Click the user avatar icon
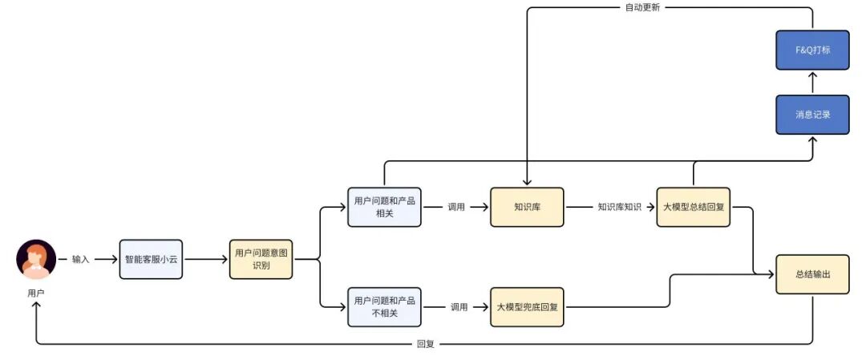click(x=36, y=259)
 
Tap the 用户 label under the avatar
click(x=36, y=293)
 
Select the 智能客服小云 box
click(x=152, y=259)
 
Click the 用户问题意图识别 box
click(x=261, y=259)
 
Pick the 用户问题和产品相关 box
click(x=385, y=207)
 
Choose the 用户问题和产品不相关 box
click(x=385, y=306)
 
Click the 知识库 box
click(x=528, y=207)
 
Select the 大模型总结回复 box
click(x=694, y=207)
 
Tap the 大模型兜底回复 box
click(x=528, y=306)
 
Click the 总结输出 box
click(x=812, y=274)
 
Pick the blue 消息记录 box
click(x=812, y=115)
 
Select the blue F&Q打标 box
click(x=812, y=50)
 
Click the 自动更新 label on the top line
click(x=642, y=8)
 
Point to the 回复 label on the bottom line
click(x=426, y=345)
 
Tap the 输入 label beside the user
click(x=81, y=259)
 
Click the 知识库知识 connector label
click(x=619, y=207)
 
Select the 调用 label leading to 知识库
click(x=455, y=207)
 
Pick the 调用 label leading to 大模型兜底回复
click(x=459, y=306)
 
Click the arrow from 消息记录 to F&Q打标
click(x=812, y=82)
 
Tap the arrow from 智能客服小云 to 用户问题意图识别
click(x=206, y=259)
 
